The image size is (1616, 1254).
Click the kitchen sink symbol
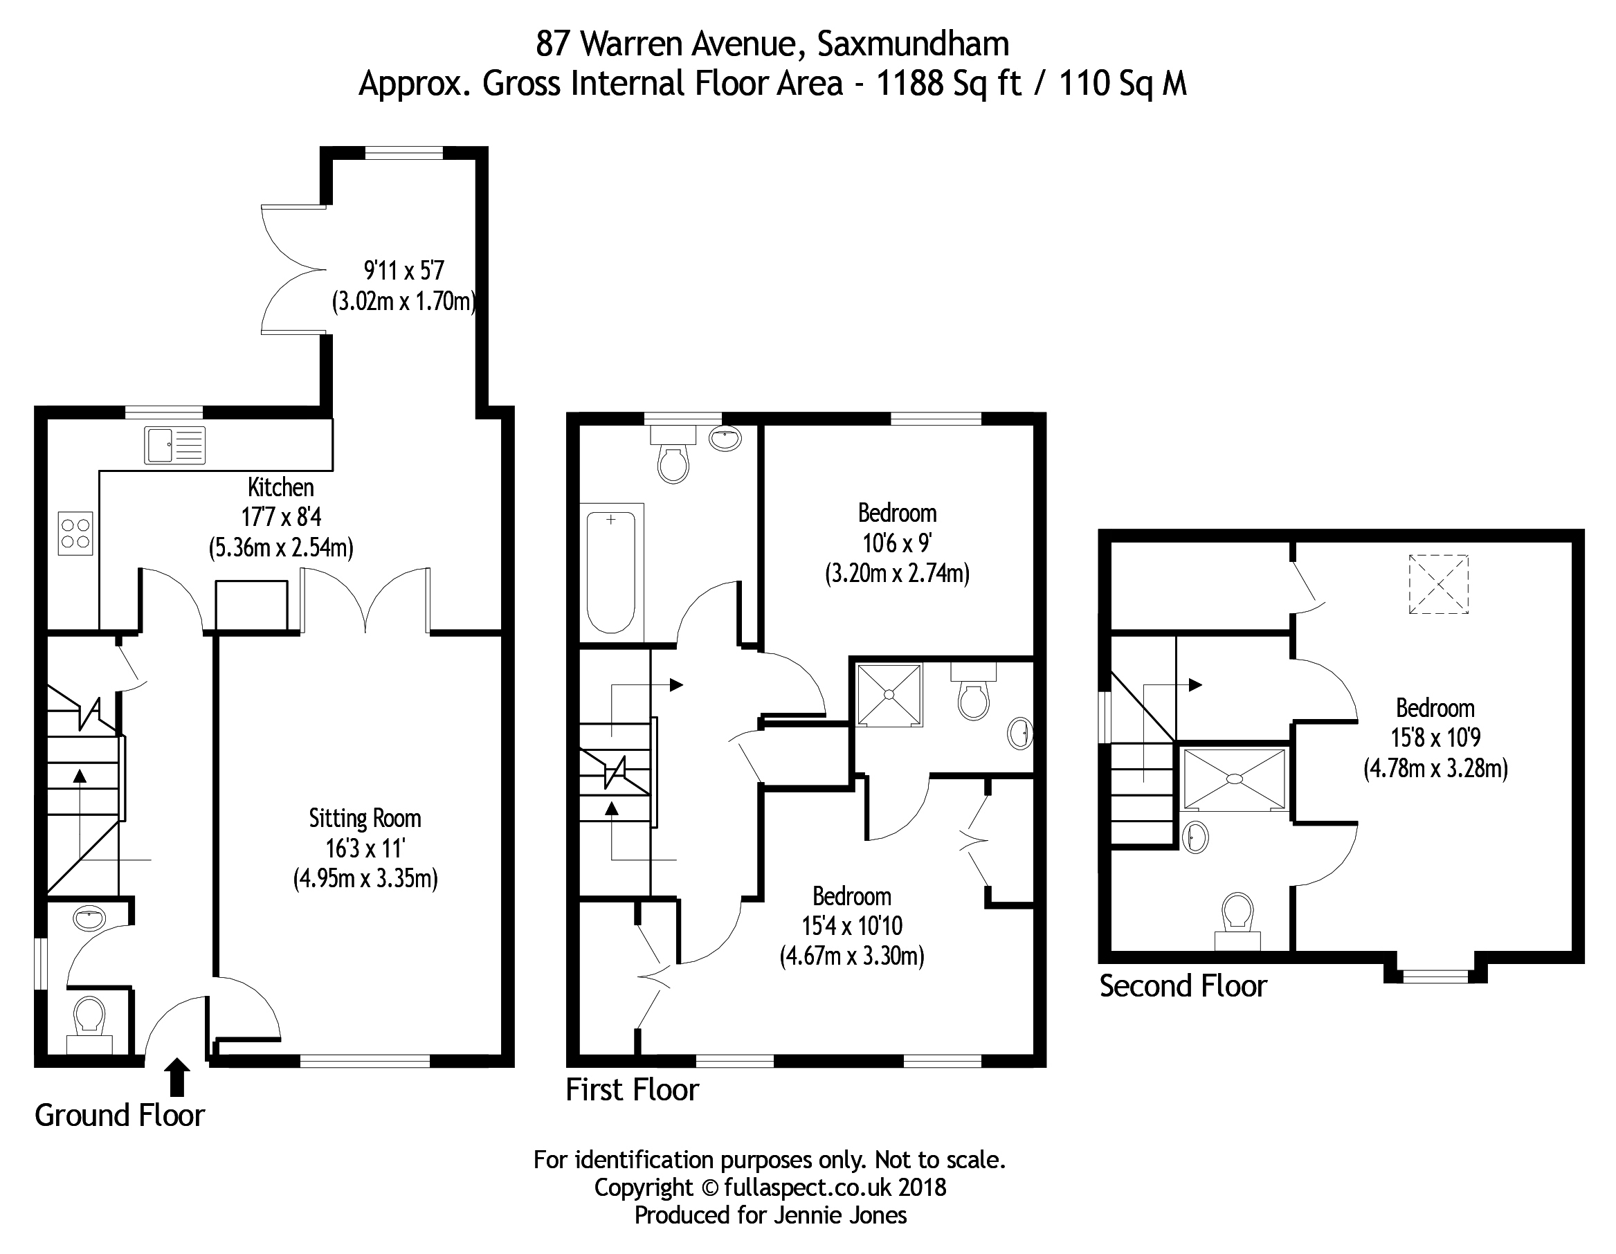174,446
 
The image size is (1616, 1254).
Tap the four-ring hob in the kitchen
75,534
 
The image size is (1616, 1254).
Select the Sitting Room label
365,818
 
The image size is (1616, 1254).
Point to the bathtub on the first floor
611,569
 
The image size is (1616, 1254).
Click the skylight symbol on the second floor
1437,585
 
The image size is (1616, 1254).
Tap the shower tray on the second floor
1234,779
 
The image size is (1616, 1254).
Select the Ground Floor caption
120,1116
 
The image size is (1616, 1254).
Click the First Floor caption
632,1090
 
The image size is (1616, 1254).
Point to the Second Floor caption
1182,986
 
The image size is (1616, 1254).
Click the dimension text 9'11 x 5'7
403,271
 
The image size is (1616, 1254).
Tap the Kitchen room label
280,487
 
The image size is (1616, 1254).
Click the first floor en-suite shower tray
889,695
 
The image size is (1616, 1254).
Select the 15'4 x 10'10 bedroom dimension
852,925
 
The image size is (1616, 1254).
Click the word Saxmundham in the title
912,44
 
